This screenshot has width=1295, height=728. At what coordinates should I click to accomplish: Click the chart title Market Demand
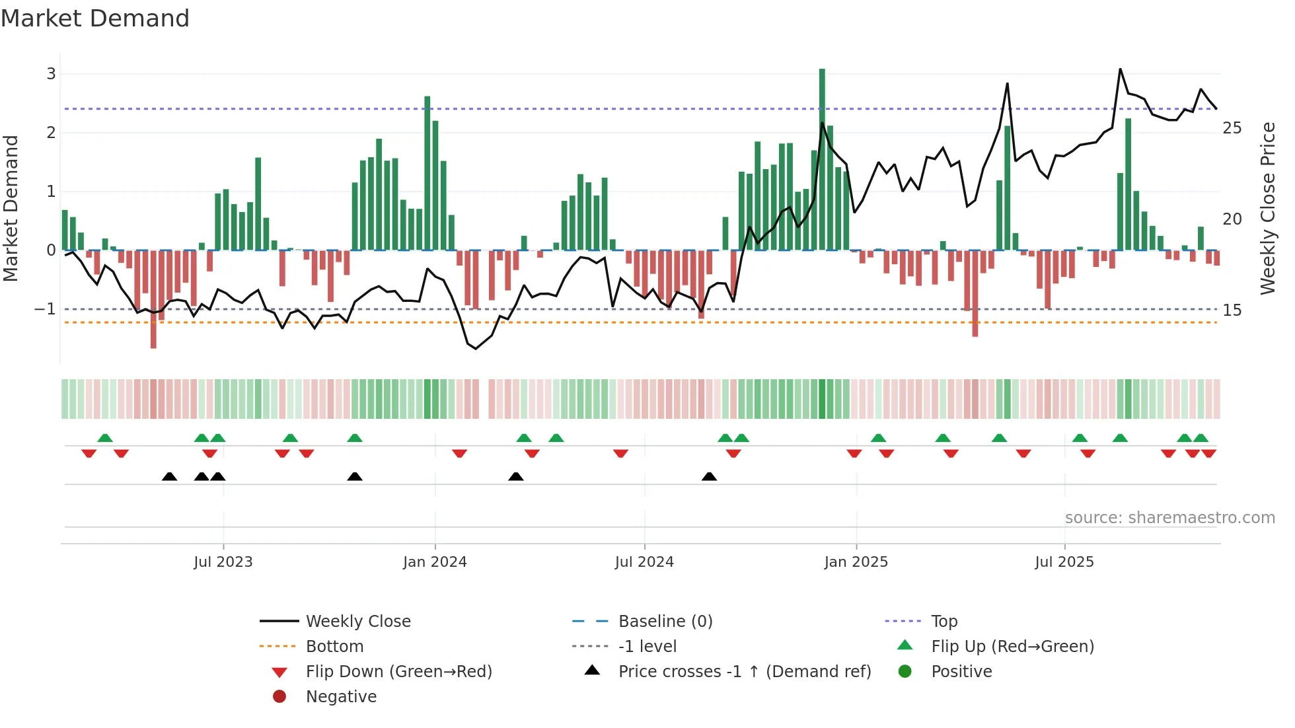(95, 18)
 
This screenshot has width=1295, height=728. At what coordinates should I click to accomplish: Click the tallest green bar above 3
(822, 159)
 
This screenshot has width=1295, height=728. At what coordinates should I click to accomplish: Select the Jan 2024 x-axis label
(435, 562)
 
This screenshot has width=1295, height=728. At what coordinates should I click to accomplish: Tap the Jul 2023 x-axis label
(223, 562)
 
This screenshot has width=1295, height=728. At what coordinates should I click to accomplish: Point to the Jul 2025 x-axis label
(1064, 562)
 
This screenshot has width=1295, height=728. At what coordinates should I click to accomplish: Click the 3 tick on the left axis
(51, 74)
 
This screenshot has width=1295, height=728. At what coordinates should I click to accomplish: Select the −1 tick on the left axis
(45, 309)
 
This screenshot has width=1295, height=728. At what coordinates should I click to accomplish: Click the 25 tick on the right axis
(1232, 128)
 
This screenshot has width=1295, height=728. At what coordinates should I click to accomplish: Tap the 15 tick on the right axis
(1232, 310)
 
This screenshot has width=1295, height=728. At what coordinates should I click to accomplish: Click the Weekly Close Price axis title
(1267, 208)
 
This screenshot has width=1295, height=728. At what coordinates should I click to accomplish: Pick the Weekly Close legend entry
(357, 622)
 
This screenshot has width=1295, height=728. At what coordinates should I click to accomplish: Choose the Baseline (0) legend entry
(665, 622)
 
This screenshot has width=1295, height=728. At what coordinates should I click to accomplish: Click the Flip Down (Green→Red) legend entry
(398, 672)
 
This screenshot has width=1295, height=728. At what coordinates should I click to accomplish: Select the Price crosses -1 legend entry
(744, 672)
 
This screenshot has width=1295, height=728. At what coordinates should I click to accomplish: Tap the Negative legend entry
(341, 697)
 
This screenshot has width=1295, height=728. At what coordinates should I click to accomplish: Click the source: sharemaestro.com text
(1169, 518)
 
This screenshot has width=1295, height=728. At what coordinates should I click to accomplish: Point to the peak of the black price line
(1120, 69)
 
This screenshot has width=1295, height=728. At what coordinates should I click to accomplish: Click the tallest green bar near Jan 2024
(427, 173)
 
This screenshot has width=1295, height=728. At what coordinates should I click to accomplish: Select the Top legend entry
(943, 622)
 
